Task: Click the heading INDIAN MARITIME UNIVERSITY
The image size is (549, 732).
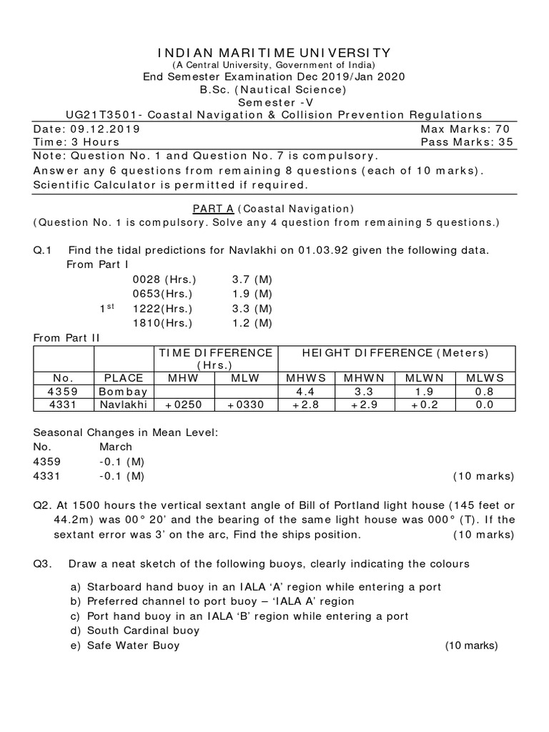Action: point(274,53)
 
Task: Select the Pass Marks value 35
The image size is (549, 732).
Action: point(505,142)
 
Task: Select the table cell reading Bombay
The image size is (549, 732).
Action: point(123,392)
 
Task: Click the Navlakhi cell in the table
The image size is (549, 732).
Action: point(123,405)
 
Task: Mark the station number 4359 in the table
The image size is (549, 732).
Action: point(64,392)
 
